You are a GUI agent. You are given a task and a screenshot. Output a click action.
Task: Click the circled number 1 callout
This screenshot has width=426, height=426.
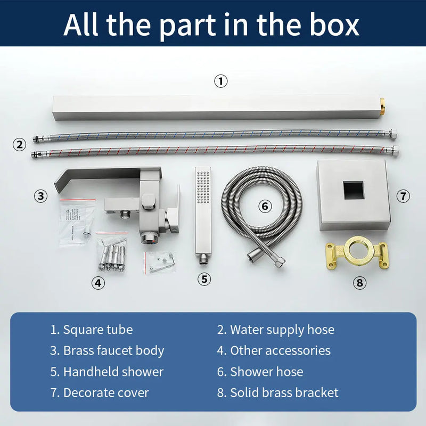pos(220,81)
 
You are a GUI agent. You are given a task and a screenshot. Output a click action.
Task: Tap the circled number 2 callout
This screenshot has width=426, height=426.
pos(20,144)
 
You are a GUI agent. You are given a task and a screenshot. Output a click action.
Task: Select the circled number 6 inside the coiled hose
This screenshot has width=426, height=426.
pos(265,206)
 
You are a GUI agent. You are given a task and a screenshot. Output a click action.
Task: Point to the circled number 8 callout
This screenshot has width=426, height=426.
pos(359,283)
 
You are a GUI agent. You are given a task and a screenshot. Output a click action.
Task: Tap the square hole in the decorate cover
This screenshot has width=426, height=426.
pos(353,190)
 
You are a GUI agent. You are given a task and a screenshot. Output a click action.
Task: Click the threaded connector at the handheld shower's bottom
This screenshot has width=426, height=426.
pos(203,259)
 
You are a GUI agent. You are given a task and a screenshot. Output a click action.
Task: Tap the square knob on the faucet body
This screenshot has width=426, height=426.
pos(148,202)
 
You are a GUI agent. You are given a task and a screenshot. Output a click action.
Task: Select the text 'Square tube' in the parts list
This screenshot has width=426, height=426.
pos(98,330)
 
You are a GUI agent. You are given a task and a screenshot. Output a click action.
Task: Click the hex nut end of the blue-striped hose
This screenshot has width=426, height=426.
pos(392,134)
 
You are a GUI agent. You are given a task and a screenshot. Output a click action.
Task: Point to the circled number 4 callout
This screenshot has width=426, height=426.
pos(98,283)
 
